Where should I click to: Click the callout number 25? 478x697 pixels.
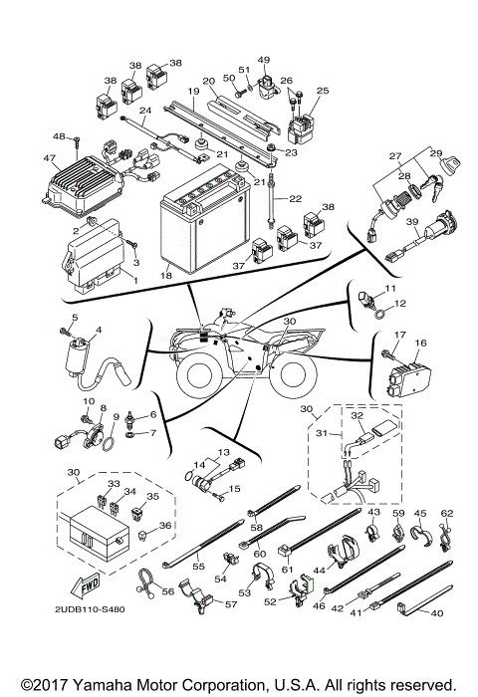pyautogui.click(x=322, y=91)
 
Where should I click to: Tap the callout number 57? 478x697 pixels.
pyautogui.click(x=231, y=604)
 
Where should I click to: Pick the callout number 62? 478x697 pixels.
pyautogui.click(x=447, y=513)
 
